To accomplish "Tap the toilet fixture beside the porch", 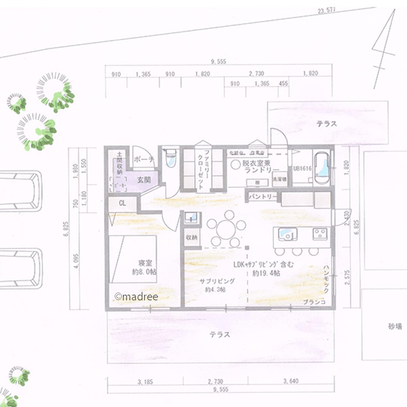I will tap(171, 159).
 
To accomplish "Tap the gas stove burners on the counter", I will tap(319, 234).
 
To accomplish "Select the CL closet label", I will tap(123, 203).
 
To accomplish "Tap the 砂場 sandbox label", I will tap(395, 326).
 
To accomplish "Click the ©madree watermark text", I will tap(136, 296).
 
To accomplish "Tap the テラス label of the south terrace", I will tap(220, 335).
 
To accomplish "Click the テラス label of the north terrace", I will tap(327, 124).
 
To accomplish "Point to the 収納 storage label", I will tap(192, 237).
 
